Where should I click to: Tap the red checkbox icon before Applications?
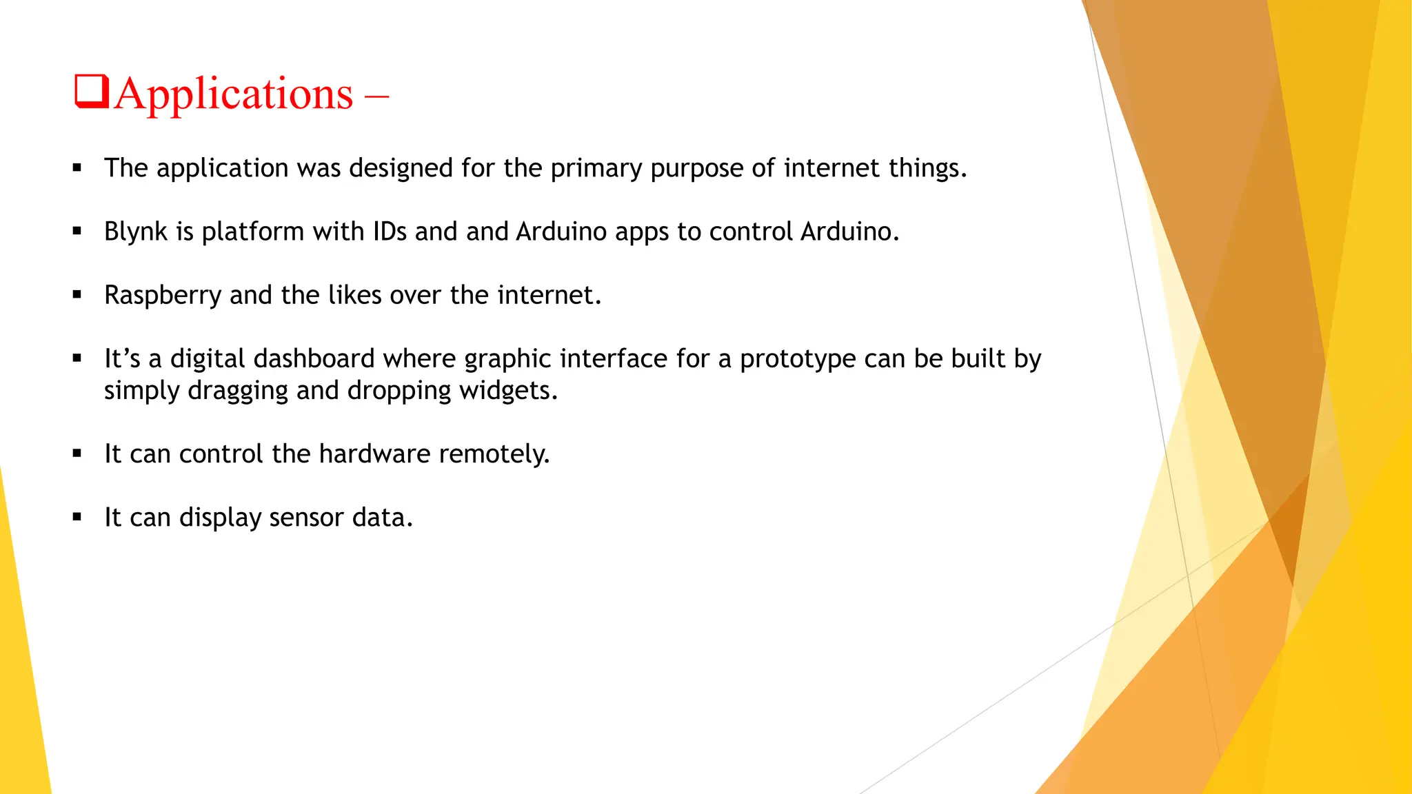[92, 92]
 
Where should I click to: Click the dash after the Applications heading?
[376, 95]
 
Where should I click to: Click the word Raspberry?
[163, 296]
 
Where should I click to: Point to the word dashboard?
[314, 359]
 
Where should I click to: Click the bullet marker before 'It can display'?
[77, 517]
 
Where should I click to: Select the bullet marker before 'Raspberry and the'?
[77, 295]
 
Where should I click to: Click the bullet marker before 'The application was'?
[77, 167]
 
